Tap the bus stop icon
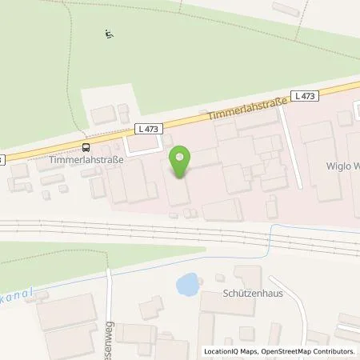point(86,146)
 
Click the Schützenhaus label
point(250,294)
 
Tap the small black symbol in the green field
point(109,34)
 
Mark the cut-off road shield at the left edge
point(2,158)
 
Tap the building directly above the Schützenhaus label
point(249,276)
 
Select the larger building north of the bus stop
point(103,115)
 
